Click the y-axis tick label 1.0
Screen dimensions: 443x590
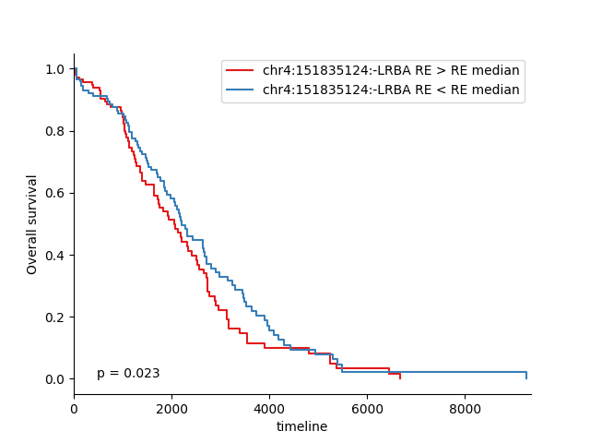(x=54, y=70)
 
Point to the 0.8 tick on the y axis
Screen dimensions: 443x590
(x=54, y=132)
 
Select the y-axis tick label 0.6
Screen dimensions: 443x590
(x=54, y=194)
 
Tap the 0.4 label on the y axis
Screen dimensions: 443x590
(x=54, y=256)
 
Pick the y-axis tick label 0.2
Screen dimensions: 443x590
(x=54, y=317)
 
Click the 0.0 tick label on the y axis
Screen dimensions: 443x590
(x=54, y=379)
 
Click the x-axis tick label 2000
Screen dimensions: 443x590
(x=171, y=409)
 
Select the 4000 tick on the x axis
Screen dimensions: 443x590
(x=269, y=409)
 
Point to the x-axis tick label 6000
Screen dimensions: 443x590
(x=367, y=409)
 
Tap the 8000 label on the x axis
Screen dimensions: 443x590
(x=465, y=409)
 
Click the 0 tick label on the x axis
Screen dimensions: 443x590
(x=74, y=409)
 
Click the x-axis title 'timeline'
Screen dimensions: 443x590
(x=301, y=426)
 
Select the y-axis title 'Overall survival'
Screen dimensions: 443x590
(x=32, y=224)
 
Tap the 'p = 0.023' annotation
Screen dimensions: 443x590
(x=128, y=374)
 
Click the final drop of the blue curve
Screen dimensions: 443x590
(x=526, y=375)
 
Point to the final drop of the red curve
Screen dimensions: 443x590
(x=400, y=376)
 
